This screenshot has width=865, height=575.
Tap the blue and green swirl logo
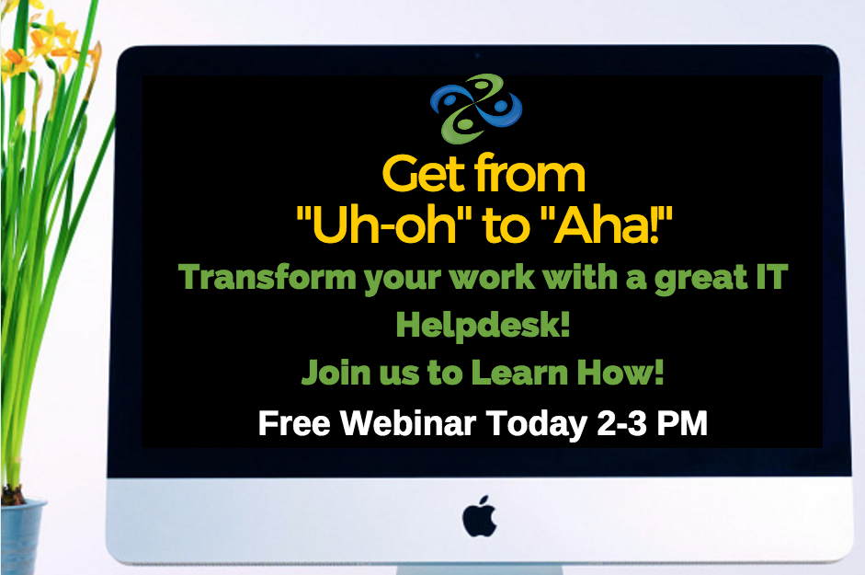coord(475,109)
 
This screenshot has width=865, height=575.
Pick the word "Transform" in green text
coord(267,276)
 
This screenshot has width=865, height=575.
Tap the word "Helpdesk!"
coord(483,324)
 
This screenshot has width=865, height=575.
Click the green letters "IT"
coord(772,276)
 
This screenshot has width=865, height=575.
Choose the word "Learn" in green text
coord(519,373)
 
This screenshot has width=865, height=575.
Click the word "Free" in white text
coord(294,423)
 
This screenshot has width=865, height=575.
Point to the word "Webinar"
coord(407,423)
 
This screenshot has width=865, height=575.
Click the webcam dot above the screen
coord(477,56)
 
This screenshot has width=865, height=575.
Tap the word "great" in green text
coord(701,278)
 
